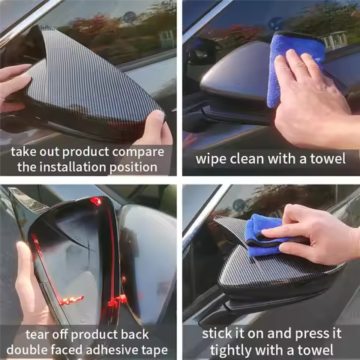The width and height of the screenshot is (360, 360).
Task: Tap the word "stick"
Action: pos(217,334)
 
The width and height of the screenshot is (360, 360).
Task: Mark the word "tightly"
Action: pos(233,349)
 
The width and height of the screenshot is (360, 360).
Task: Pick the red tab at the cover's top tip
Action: pos(96,201)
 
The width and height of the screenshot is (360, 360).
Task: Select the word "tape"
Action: pos(153,349)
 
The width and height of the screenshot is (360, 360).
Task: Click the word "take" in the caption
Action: pos(27,151)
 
